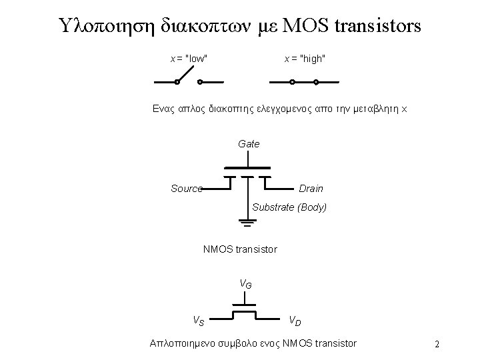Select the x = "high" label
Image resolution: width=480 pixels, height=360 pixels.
(305, 59)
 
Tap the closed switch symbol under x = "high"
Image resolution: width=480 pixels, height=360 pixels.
(304, 83)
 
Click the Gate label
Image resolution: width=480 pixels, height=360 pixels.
(249, 144)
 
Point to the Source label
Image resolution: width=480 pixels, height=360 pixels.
(187, 189)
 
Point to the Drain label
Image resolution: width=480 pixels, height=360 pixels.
(311, 189)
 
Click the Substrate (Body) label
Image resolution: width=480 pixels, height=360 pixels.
(289, 207)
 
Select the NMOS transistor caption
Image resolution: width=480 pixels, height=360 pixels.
(239, 250)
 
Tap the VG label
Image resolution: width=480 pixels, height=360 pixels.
(246, 285)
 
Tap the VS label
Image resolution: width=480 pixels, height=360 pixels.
(199, 320)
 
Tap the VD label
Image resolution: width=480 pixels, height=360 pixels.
(295, 321)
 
